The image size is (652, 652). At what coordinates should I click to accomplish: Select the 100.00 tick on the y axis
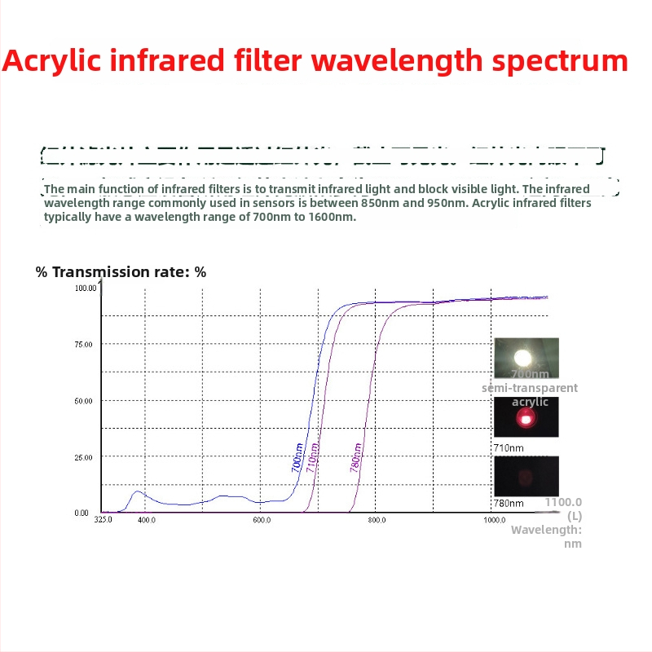(x=85, y=288)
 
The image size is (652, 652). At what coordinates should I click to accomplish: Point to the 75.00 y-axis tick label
(x=84, y=344)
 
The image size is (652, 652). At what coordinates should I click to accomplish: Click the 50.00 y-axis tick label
(x=84, y=401)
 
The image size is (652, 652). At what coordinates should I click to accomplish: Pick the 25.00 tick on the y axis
(x=84, y=457)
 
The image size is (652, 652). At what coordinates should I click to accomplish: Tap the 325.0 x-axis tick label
(x=103, y=519)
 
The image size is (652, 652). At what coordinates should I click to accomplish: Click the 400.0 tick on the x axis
(x=146, y=519)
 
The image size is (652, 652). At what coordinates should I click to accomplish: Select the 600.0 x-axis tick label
(x=262, y=519)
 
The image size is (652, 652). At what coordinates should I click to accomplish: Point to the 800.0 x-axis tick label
(x=377, y=519)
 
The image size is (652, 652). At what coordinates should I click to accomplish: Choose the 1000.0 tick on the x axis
(x=494, y=519)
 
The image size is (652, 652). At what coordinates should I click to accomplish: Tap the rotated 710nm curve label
(x=312, y=459)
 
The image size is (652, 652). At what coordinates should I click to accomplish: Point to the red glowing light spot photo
(x=526, y=418)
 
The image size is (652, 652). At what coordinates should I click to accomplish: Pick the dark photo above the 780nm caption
(x=526, y=474)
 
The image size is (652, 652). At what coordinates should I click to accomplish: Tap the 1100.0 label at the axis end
(x=564, y=503)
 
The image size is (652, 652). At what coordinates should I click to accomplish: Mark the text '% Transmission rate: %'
(x=121, y=272)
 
